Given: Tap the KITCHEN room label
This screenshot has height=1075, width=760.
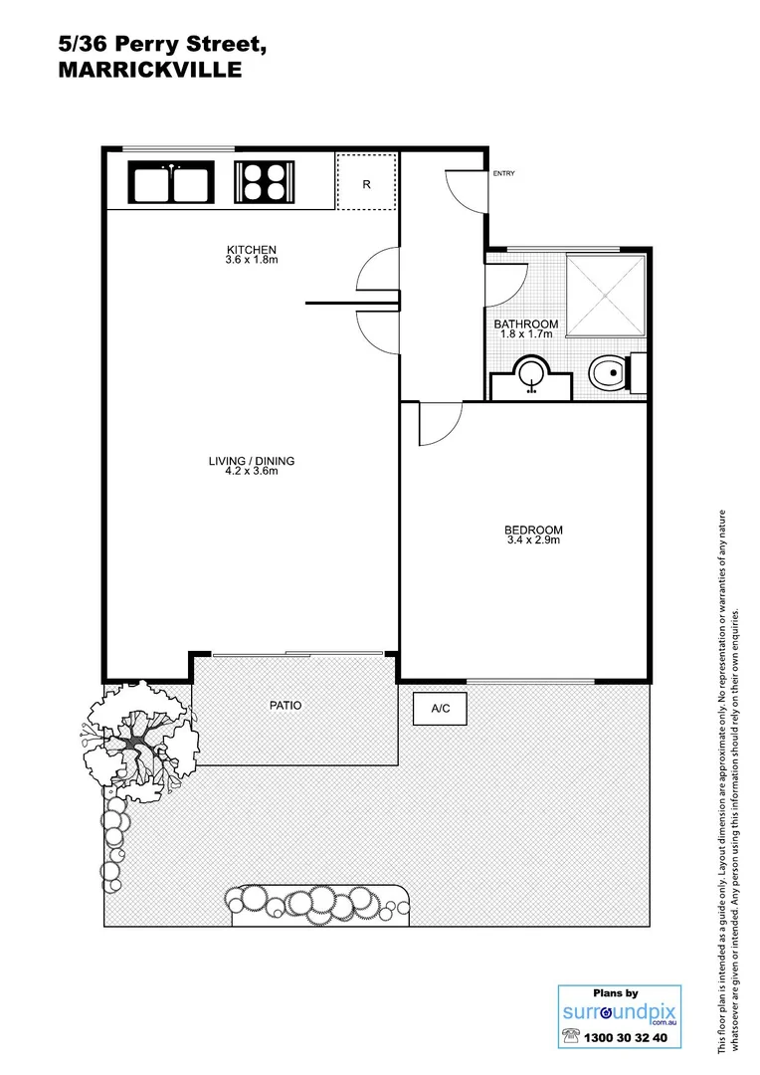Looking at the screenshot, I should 251,249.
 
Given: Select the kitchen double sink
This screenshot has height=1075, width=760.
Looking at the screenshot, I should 171,183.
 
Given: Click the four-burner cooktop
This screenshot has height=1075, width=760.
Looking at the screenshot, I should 263,183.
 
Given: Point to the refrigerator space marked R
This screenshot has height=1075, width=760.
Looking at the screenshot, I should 366,183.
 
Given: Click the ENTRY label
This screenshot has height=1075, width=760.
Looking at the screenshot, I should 504,174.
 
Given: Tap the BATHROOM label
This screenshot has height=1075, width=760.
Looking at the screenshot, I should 526,324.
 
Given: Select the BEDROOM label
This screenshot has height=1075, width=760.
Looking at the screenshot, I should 533,530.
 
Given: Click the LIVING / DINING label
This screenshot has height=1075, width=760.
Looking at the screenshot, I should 251,461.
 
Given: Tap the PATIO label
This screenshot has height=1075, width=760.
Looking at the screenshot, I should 285,706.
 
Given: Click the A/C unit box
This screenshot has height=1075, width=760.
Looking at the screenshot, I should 440,710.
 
